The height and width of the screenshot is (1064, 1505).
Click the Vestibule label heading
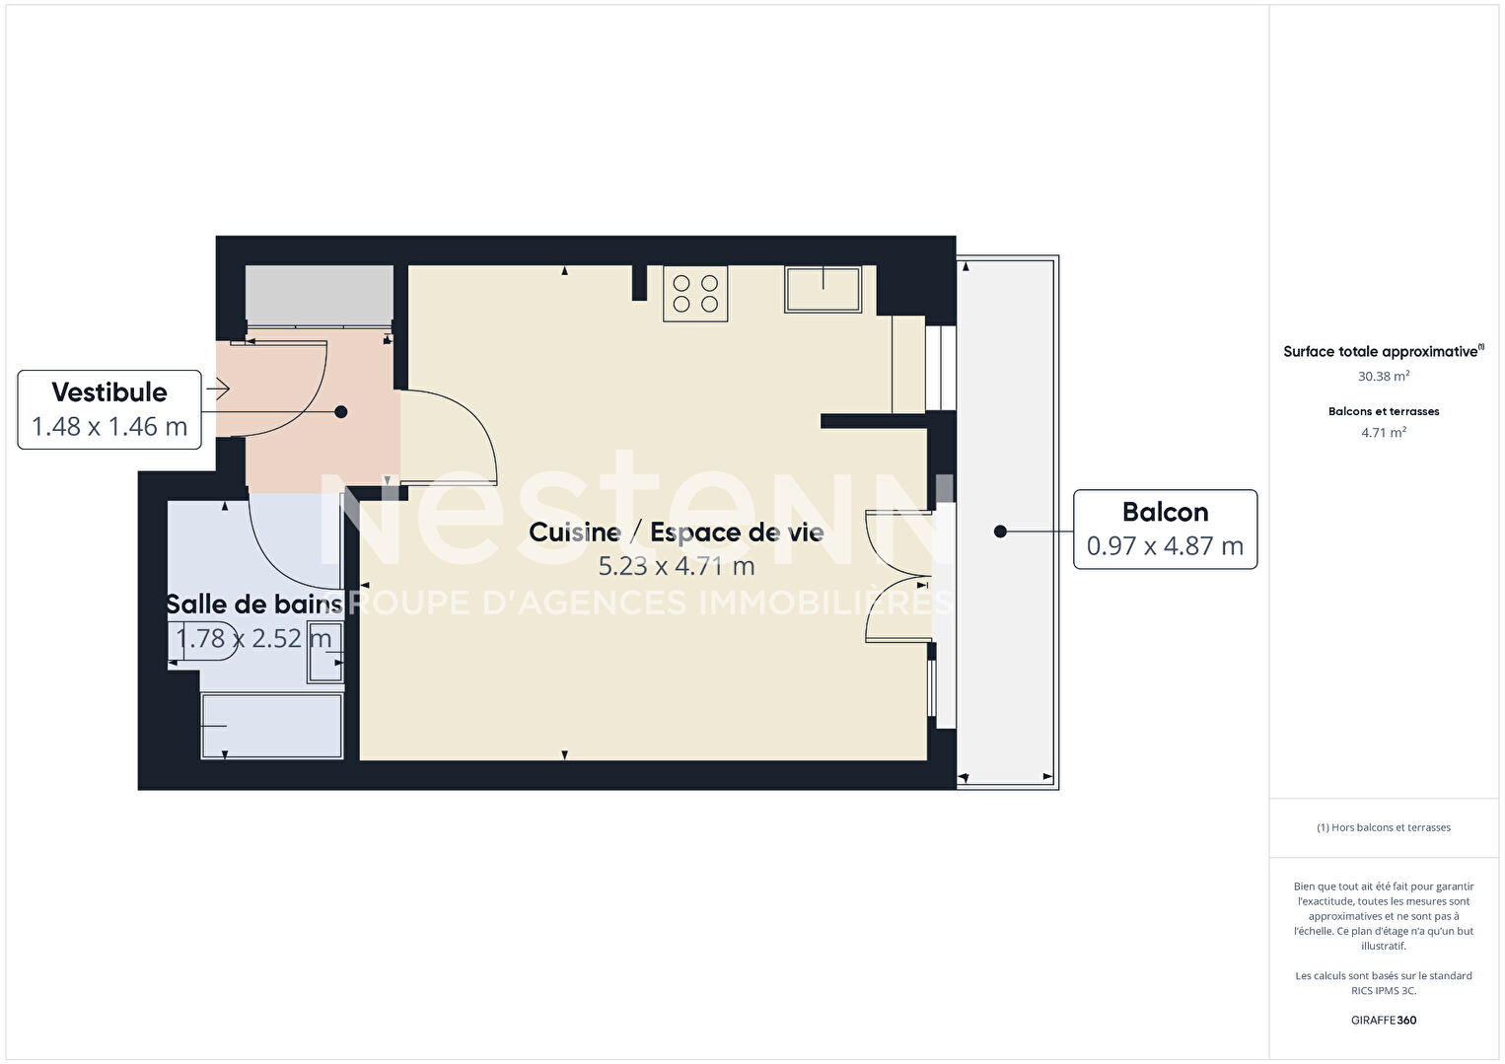(109, 392)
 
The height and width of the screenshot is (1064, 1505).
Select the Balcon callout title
(1165, 512)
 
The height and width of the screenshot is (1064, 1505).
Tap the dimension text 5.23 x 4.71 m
(677, 566)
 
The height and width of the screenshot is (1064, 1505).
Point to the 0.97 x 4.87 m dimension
(1165, 546)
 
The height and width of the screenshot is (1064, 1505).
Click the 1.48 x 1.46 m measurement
(109, 427)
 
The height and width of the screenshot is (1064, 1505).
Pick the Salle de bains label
(254, 604)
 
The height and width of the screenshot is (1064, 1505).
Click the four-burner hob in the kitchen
(695, 294)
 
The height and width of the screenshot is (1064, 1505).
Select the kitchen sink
(824, 290)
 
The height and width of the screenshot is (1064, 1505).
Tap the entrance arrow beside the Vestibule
(218, 389)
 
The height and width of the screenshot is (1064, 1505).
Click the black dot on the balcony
(1000, 532)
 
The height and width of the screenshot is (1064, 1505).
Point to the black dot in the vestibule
(341, 412)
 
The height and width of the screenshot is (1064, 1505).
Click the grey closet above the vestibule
(320, 296)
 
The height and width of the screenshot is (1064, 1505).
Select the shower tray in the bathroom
(271, 726)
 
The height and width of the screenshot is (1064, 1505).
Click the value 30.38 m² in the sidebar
(1384, 376)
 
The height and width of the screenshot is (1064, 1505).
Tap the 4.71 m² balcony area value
(1384, 433)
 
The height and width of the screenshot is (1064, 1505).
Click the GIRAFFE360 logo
(1384, 1020)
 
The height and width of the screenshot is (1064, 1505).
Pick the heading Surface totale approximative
(1381, 351)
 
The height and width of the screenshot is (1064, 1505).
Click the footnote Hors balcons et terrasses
(1384, 827)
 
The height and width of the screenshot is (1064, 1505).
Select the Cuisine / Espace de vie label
(676, 532)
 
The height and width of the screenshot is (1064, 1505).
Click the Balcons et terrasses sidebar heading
(1384, 411)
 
